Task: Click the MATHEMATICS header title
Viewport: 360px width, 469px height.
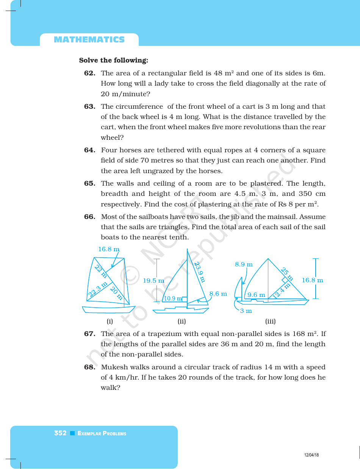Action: (x=89, y=40)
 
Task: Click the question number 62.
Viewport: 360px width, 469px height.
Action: (x=89, y=73)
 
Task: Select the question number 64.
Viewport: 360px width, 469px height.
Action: (x=89, y=150)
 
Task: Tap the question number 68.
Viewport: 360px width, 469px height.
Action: (x=89, y=367)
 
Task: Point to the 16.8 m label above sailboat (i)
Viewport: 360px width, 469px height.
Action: (x=109, y=249)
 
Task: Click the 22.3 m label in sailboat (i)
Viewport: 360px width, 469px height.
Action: (x=98, y=289)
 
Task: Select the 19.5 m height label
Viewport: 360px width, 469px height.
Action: (x=153, y=281)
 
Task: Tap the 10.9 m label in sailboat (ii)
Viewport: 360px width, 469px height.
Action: (x=172, y=299)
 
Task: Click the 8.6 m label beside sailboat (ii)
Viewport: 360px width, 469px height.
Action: (x=218, y=294)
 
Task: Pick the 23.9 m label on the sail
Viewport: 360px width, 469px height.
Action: (x=200, y=272)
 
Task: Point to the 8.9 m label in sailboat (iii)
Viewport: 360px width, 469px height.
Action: (x=244, y=264)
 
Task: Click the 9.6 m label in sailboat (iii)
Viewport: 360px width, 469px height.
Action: (x=257, y=295)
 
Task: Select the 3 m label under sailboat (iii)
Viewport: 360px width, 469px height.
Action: (x=246, y=311)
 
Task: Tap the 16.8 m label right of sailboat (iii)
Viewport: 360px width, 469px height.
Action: (x=312, y=280)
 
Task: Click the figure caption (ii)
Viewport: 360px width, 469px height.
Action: (x=182, y=322)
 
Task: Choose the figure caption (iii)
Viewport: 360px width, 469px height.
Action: (x=270, y=322)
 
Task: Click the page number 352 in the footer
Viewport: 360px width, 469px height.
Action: (x=60, y=433)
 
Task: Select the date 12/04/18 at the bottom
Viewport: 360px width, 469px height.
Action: (x=311, y=455)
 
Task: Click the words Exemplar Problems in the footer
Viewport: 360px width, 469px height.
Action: (x=102, y=433)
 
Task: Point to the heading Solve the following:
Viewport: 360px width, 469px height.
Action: (x=113, y=60)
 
